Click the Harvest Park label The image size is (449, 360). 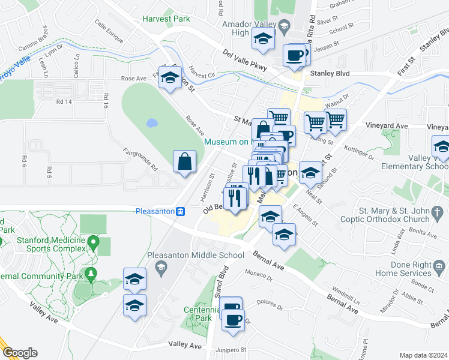(x=166, y=19)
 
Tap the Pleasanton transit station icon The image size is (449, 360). (x=180, y=211)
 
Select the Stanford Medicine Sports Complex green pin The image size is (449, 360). (x=93, y=242)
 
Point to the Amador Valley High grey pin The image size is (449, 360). (x=285, y=25)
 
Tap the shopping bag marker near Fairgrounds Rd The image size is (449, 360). (x=184, y=161)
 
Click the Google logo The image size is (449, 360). (x=20, y=352)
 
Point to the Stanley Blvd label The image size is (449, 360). (x=327, y=74)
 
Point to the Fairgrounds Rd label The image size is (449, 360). (x=140, y=159)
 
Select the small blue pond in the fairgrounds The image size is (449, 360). (x=151, y=123)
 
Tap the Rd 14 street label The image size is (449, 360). (x=64, y=102)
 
